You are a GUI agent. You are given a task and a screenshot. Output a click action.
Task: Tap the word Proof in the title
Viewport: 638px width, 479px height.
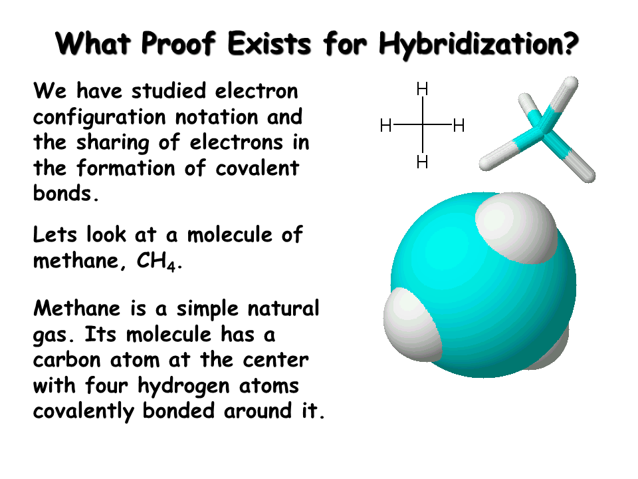(178, 43)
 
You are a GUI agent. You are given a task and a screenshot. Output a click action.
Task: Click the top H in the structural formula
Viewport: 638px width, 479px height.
(423, 88)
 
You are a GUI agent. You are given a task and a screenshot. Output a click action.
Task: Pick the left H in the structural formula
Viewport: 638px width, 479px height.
(385, 126)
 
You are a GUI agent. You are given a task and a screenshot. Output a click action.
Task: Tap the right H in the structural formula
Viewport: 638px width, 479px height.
(459, 126)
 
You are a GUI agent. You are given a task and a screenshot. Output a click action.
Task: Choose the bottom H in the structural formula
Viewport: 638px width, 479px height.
(423, 162)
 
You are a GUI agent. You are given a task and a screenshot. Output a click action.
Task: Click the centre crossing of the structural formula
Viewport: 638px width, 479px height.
(423, 124)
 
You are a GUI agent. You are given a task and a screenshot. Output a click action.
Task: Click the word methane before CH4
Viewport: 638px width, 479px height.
(76, 261)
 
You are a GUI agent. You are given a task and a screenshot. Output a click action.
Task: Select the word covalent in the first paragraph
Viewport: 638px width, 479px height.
(257, 168)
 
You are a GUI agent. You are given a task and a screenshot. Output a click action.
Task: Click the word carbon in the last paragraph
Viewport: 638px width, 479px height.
(66, 360)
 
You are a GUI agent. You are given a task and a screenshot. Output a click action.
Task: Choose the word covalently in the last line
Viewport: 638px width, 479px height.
(84, 412)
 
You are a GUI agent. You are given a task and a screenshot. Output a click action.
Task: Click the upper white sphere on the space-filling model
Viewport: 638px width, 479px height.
(516, 228)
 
